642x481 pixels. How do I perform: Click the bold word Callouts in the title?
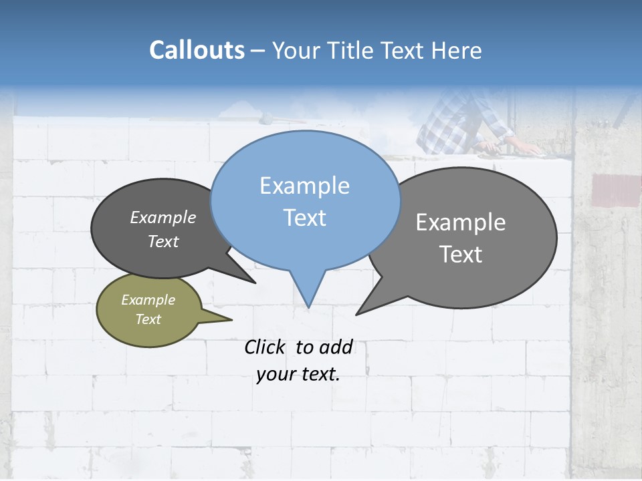pos(197,50)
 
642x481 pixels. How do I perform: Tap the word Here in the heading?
pos(457,50)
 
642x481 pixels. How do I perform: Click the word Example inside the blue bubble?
pos(304,186)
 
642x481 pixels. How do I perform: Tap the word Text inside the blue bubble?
pos(304,218)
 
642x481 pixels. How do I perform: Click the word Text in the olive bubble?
pos(148,319)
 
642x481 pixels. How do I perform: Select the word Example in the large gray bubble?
pos(461,222)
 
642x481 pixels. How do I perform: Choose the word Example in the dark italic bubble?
pos(163,218)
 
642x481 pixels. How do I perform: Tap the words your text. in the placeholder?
pos(298,374)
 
